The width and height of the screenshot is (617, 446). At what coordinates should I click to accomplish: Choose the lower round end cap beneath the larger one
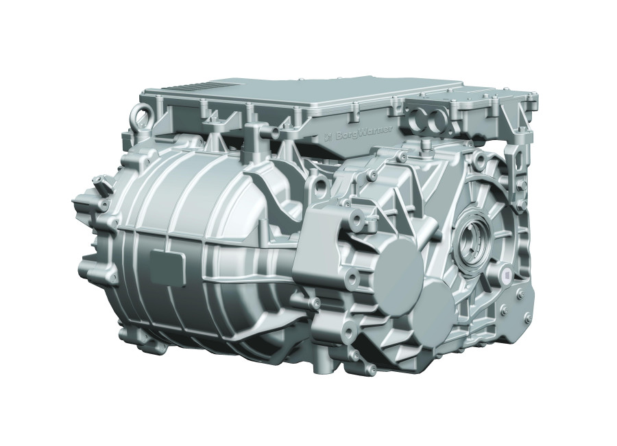pos(432,303)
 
